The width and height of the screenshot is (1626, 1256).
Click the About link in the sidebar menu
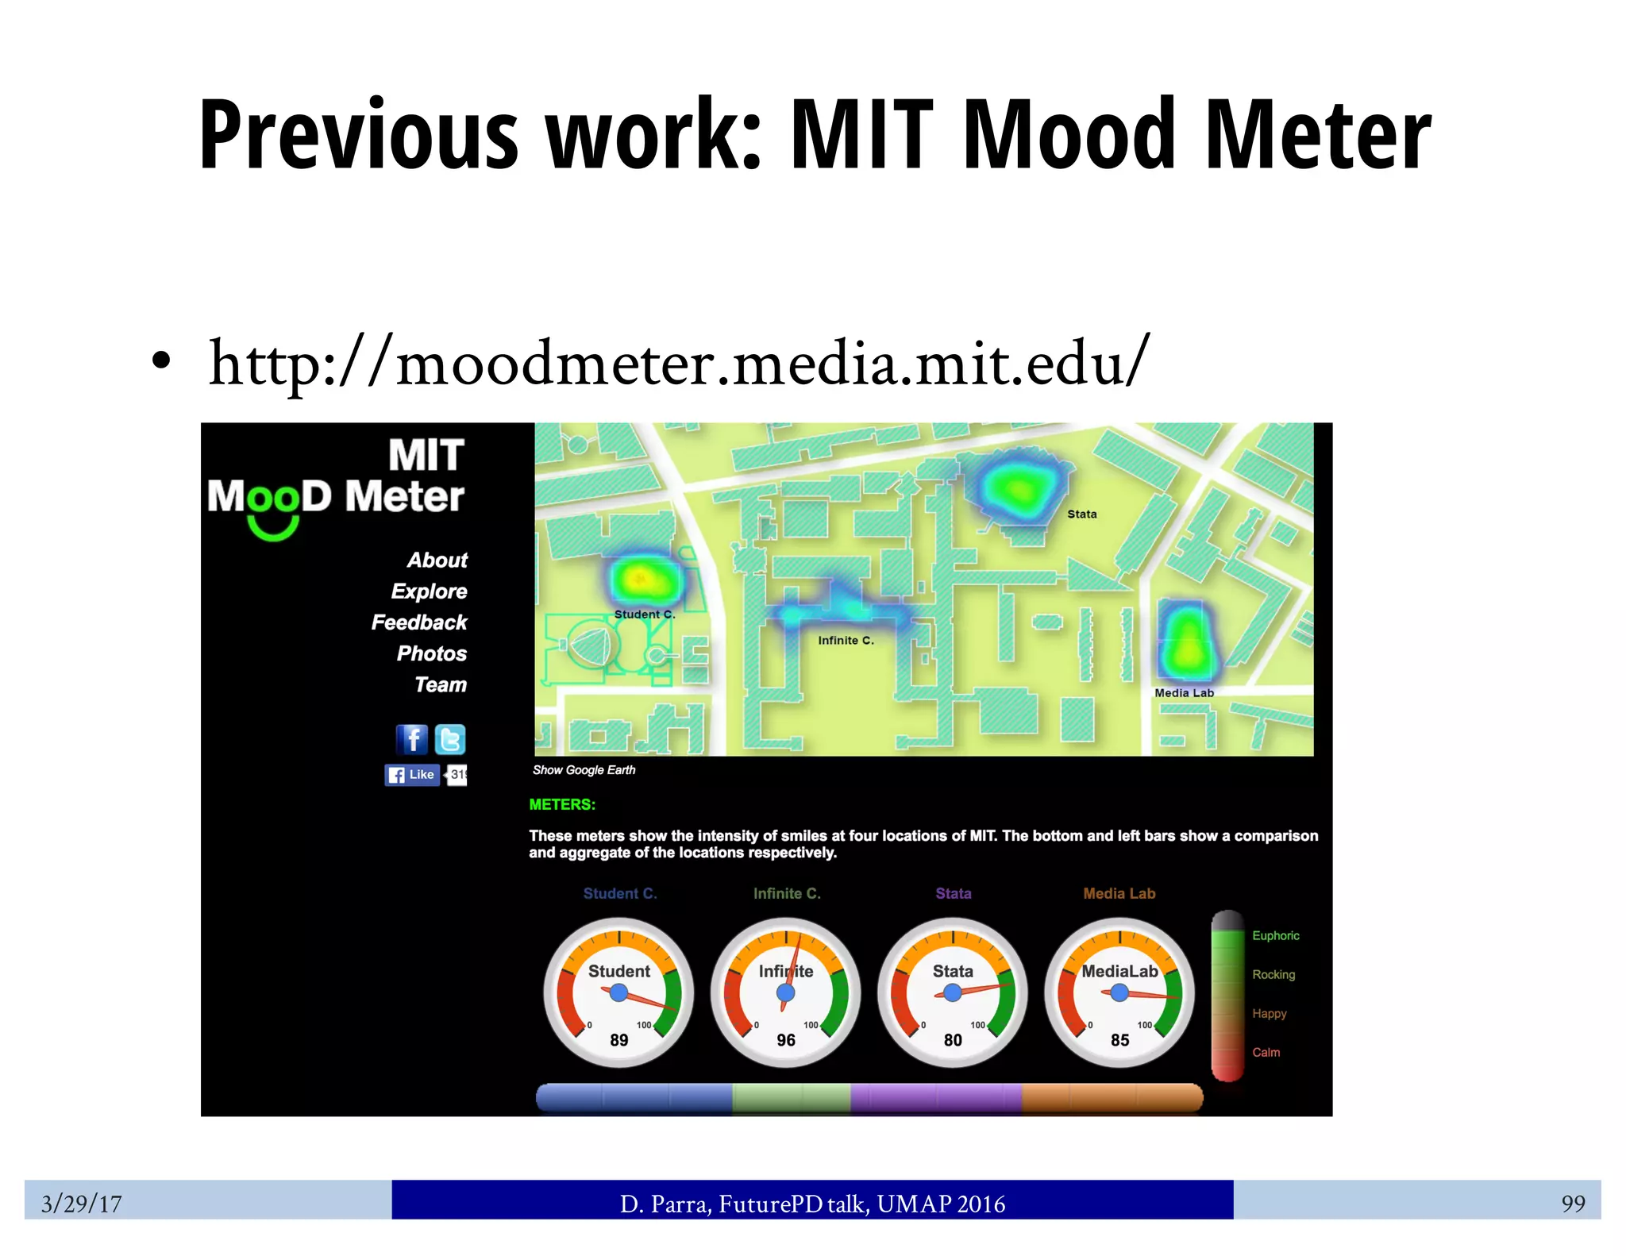tap(437, 561)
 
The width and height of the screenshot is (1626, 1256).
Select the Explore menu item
tap(429, 591)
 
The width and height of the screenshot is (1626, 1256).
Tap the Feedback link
tap(419, 622)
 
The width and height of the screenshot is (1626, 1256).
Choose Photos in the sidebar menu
tap(432, 653)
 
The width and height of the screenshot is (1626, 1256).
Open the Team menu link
tap(441, 684)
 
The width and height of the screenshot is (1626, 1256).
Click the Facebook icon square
tap(412, 739)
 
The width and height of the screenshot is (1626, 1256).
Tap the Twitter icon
tap(450, 739)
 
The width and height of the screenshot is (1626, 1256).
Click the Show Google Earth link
tap(584, 770)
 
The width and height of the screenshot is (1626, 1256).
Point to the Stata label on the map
tap(1081, 514)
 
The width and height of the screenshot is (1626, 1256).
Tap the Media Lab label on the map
tap(1184, 693)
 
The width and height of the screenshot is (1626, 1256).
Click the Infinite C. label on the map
tap(846, 641)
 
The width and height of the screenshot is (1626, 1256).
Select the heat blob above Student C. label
tap(644, 580)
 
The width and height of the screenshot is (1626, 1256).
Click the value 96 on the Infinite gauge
tap(786, 1040)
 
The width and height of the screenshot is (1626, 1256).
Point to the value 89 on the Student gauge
tap(619, 1040)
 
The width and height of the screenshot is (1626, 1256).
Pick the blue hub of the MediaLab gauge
tap(1119, 992)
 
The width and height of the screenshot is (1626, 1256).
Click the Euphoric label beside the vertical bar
tap(1275, 936)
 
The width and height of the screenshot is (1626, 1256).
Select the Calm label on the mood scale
tap(1266, 1053)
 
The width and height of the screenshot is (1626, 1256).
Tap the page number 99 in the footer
tap(1573, 1204)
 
